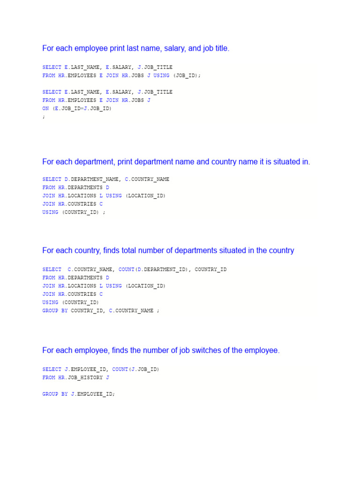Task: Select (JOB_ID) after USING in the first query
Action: point(187,75)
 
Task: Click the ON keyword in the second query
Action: point(45,108)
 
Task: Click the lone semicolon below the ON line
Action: point(44,117)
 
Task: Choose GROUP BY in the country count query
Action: point(55,311)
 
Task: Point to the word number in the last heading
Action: point(159,350)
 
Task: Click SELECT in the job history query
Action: point(52,369)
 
